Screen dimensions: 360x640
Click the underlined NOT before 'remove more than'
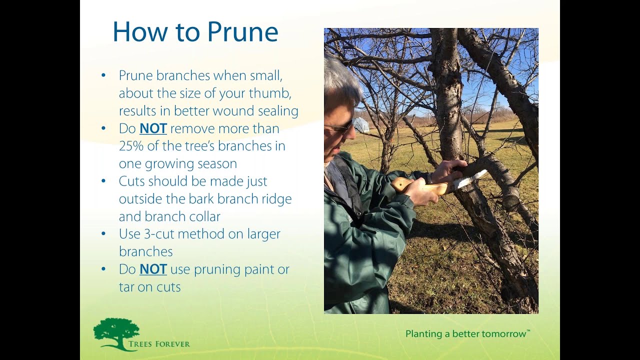click(153, 128)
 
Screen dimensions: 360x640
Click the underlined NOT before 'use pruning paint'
click(153, 269)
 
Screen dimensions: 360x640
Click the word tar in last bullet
click(128, 287)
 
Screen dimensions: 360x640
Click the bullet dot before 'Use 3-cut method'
click(103, 233)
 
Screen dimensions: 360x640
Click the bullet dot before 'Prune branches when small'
click(103, 75)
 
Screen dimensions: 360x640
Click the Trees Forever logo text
click(159, 344)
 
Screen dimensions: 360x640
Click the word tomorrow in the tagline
click(501, 333)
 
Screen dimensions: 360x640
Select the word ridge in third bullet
click(277, 199)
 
